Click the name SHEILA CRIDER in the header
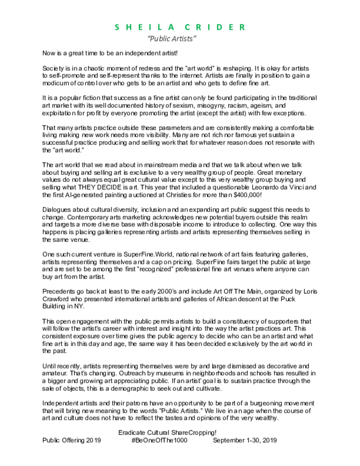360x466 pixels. tap(180, 27)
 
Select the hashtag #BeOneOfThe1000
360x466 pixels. tap(159, 440)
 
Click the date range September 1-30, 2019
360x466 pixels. tap(244, 440)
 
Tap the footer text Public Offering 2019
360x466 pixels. tap(71, 440)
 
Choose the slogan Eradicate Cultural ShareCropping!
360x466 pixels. tap(167, 432)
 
